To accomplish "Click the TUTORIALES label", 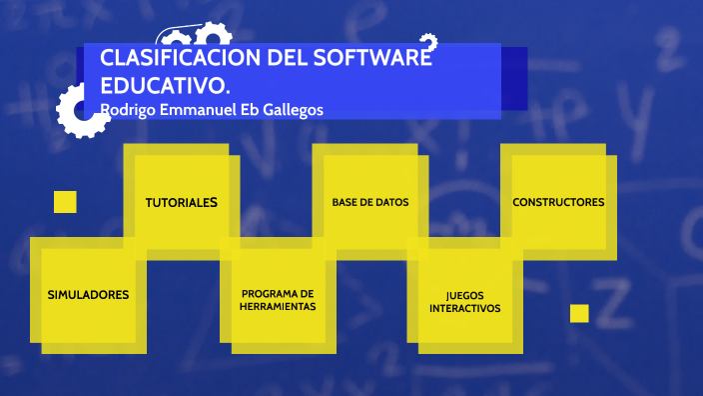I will click(181, 202).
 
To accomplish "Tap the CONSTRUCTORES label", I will click(558, 202).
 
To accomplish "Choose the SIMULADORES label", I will click(88, 295).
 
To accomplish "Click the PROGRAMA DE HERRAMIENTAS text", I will click(278, 300).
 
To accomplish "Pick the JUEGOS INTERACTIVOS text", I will click(464, 302).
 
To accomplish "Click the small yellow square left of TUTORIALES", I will click(65, 202).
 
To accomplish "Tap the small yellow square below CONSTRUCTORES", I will click(579, 313).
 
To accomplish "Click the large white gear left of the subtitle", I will click(80, 110).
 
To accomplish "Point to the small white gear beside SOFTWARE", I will click(428, 42).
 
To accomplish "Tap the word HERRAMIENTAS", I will click(278, 307).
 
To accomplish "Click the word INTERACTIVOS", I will click(464, 309).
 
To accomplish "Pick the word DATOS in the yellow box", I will click(391, 202).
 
